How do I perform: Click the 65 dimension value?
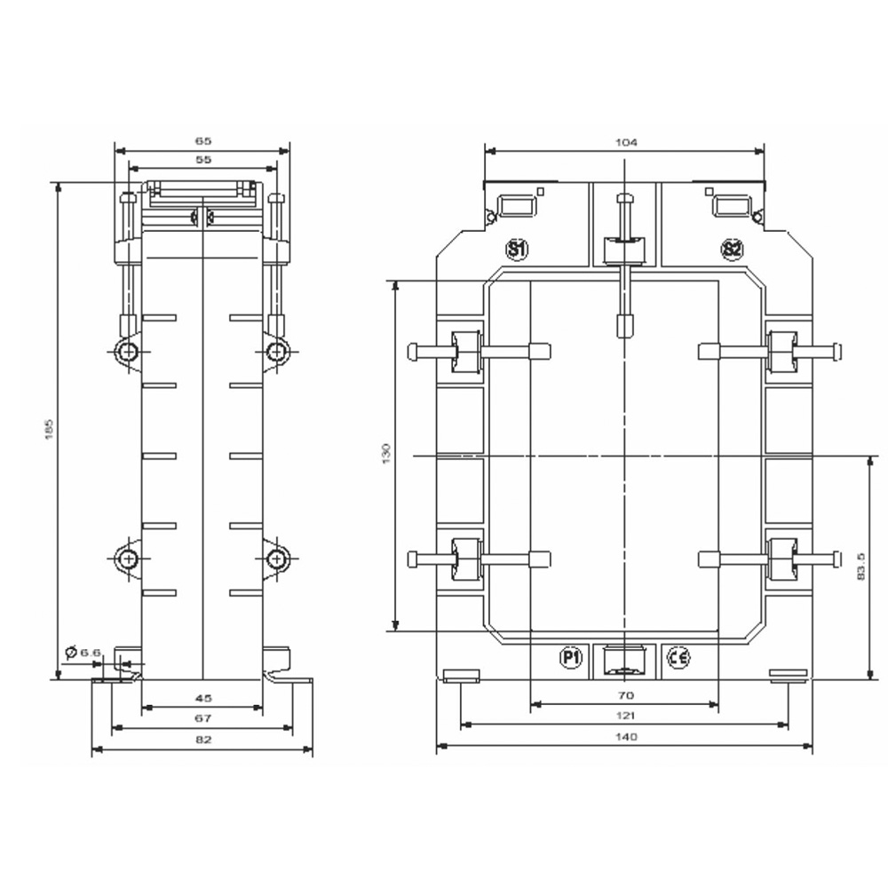coord(203,140)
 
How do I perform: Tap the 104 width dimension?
coord(624,141)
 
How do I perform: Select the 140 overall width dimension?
coord(624,737)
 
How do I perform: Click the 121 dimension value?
coord(624,716)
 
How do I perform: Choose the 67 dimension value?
coord(202,718)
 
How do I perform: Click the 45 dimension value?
coord(202,697)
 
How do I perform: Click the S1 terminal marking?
coord(516,250)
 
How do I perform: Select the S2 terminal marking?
coord(731,250)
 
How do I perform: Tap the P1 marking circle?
coord(570,657)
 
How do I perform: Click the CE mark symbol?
coord(678,657)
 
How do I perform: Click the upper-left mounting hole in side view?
coord(129,352)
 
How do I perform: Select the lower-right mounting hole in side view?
coord(277,559)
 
